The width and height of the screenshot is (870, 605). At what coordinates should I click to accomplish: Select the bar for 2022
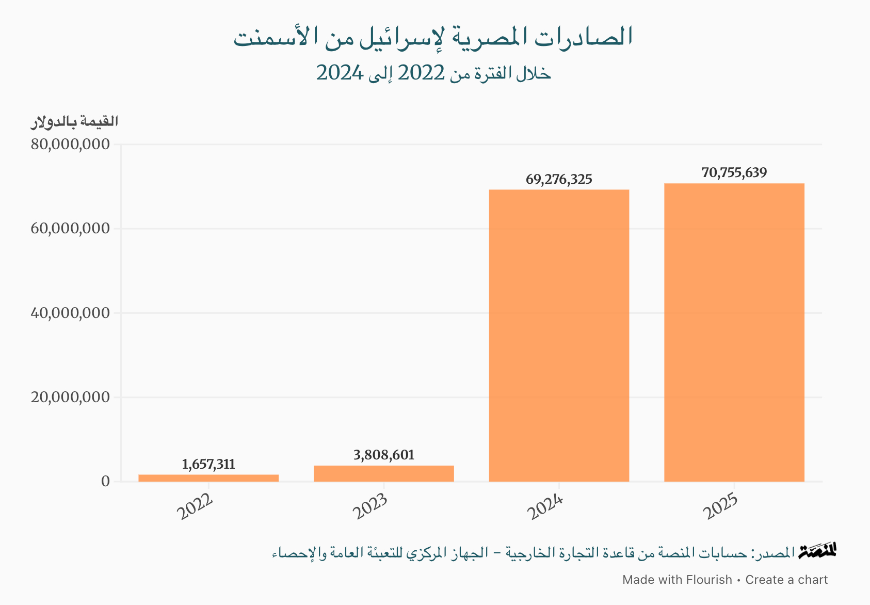tap(208, 477)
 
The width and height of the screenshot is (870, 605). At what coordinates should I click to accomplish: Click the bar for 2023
tap(383, 473)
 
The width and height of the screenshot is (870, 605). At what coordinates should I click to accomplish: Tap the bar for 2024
tap(559, 336)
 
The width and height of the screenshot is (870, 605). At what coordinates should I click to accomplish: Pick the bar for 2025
tap(734, 332)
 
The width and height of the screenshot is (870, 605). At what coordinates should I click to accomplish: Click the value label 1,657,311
tap(208, 464)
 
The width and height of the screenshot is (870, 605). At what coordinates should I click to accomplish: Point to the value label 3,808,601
tap(383, 455)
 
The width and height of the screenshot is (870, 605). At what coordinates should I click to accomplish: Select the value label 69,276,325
tap(559, 179)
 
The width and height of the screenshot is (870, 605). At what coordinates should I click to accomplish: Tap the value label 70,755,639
tap(734, 172)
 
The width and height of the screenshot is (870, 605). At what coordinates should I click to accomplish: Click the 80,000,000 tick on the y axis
tap(71, 144)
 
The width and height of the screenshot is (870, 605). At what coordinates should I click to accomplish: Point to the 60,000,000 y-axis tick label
tap(71, 228)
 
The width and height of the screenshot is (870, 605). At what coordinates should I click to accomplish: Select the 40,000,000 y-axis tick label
tap(71, 313)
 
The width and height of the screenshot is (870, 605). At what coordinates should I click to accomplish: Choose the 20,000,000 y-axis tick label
tap(71, 397)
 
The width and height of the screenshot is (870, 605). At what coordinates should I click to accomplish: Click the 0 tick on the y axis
tap(106, 481)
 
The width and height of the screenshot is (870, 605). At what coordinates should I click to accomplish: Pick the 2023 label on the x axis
tap(370, 506)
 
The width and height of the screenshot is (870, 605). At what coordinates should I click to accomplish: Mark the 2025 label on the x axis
tap(721, 506)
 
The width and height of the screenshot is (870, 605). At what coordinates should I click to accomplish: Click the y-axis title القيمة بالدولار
tap(74, 122)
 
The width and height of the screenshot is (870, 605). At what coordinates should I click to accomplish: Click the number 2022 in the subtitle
tap(424, 73)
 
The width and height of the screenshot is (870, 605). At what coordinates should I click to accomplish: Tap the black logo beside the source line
tap(817, 551)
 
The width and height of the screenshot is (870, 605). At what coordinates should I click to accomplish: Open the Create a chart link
tap(786, 580)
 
